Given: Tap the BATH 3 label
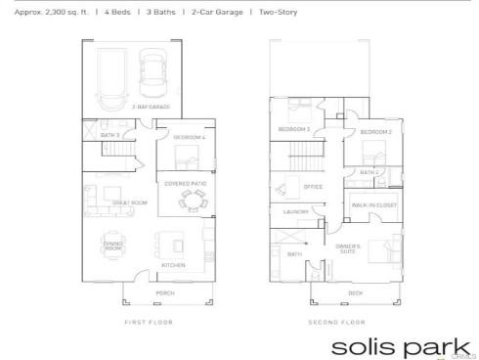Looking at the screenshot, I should click(x=110, y=134).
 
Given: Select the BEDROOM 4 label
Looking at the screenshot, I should click(x=190, y=138).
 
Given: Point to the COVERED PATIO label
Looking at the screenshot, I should click(x=184, y=183).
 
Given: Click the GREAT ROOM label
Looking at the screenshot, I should click(x=129, y=202).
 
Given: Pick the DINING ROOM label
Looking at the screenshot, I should click(x=113, y=247).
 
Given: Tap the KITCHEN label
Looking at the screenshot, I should click(x=173, y=265).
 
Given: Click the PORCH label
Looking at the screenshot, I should click(x=163, y=292).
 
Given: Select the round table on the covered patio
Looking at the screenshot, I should click(x=192, y=201).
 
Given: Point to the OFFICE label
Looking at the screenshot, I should click(x=313, y=187).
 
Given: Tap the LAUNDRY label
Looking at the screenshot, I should click(x=296, y=211).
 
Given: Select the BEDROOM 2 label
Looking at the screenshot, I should click(x=376, y=131).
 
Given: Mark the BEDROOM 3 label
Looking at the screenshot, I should click(x=294, y=129).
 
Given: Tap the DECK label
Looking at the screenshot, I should click(x=355, y=292).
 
